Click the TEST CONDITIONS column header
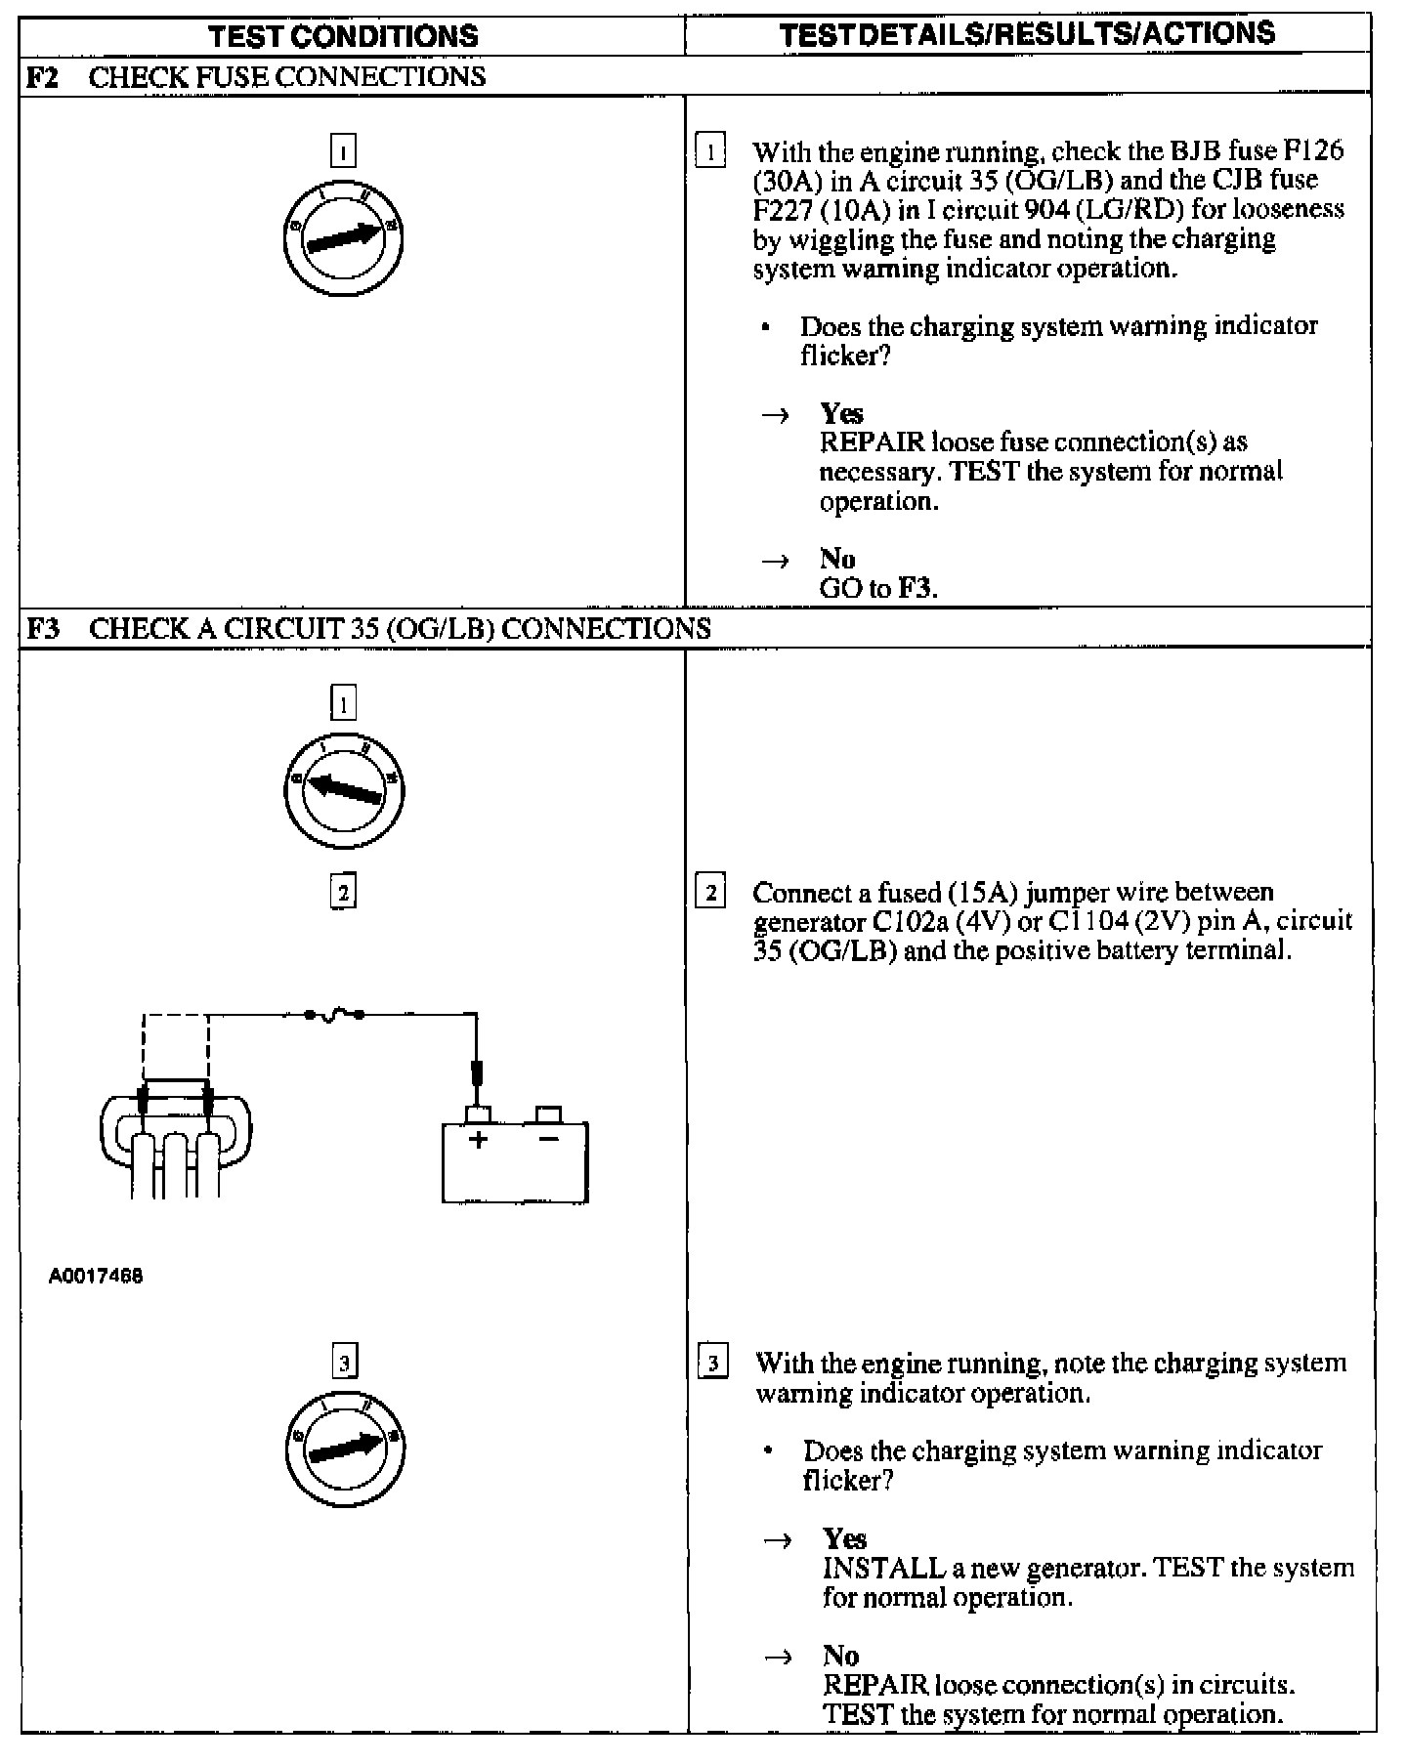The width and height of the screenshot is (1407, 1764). pos(344,36)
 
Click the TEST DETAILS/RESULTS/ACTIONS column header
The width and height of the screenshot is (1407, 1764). pos(1027,34)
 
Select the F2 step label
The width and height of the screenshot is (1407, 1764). pos(40,77)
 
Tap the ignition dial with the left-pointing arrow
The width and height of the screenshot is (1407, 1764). pos(343,789)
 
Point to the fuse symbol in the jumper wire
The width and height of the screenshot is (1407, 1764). pos(334,1015)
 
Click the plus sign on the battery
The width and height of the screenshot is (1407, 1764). pos(478,1139)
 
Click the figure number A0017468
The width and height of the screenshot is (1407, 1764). pos(96,1276)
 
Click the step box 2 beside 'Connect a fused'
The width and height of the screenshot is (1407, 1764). pos(710,893)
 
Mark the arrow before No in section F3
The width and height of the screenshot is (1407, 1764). pos(778,1657)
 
